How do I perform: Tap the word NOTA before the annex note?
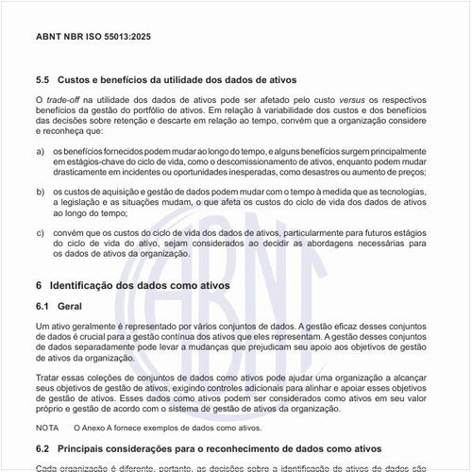point(47,428)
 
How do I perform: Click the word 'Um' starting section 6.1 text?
point(41,326)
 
